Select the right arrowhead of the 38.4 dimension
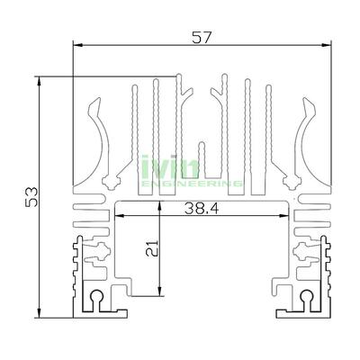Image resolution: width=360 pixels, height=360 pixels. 288,216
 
